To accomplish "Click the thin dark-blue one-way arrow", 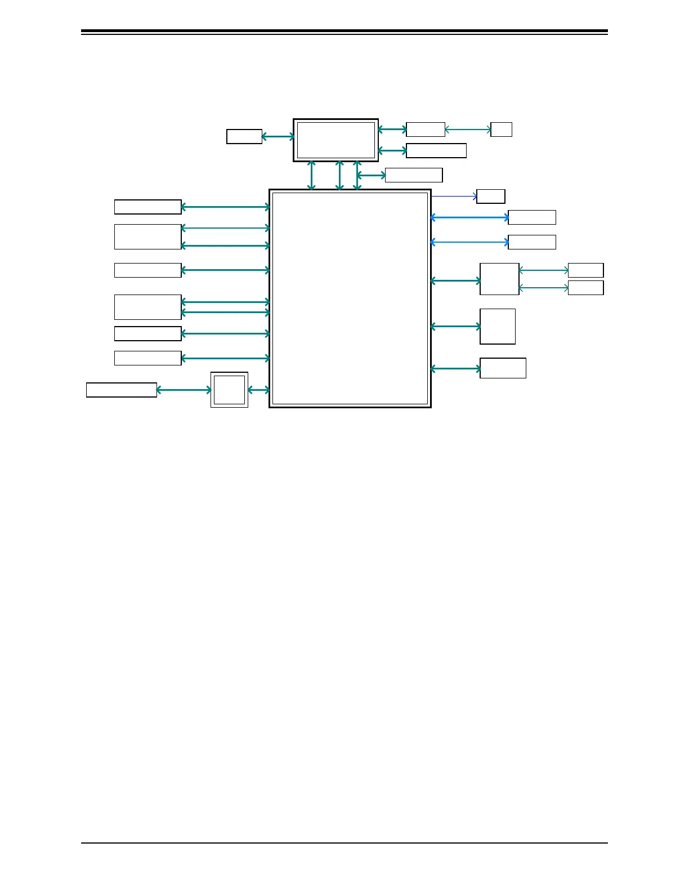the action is (x=454, y=197).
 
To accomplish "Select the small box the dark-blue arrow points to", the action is (x=490, y=197).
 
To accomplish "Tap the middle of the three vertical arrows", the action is (x=339, y=175).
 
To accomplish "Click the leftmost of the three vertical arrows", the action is (x=311, y=175).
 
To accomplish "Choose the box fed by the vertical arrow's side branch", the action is (x=414, y=175).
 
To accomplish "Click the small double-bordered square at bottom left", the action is (x=229, y=390).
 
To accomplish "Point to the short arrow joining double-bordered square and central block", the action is (x=258, y=390).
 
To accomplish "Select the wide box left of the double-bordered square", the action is (x=121, y=390).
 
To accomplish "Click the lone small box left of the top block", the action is (x=244, y=136).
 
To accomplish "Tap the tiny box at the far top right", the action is (x=501, y=130).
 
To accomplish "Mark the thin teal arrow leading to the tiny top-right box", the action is (x=468, y=130).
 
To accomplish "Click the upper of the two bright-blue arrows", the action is (x=469, y=217).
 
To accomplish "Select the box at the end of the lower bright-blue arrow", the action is (x=531, y=242).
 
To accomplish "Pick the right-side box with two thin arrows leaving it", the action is (x=499, y=279).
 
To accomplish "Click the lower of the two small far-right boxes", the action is (x=585, y=288).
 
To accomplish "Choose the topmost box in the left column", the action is (x=147, y=207).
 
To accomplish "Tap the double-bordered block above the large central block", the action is (x=335, y=140).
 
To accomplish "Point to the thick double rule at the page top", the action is (x=344, y=32).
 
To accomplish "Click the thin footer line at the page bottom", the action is (x=344, y=843).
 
